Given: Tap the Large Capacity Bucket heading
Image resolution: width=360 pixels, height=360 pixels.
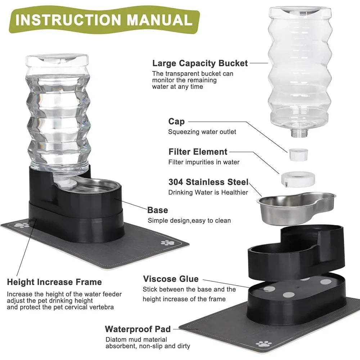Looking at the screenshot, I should point(200,64).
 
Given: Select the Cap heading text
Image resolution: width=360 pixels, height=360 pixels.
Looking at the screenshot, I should point(176,122).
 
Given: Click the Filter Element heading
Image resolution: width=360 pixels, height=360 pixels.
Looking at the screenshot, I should point(198,152).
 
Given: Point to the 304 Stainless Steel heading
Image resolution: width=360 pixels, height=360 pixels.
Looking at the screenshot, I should point(208,182).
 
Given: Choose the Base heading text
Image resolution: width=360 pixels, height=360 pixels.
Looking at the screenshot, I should point(158,210).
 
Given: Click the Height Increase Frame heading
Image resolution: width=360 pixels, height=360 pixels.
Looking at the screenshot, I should point(54,282).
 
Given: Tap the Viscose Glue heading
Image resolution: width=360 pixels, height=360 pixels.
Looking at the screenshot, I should point(171,279).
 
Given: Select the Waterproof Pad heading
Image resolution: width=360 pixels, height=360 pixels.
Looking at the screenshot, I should point(138,329).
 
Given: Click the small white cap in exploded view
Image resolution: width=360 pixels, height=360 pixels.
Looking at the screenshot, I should point(298,154).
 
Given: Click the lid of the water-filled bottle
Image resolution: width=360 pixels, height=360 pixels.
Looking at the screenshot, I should point(58,59).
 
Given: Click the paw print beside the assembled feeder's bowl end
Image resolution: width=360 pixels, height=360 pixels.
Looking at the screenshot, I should point(167,243).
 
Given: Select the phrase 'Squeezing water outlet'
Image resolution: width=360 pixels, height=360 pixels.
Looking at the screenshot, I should point(202,132).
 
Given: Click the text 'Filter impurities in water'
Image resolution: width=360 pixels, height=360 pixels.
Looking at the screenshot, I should point(204,162).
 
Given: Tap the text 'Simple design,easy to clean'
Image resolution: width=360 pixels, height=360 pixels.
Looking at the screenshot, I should point(189,220).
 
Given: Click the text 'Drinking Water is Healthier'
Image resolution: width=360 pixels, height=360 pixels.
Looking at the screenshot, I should point(208,192).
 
